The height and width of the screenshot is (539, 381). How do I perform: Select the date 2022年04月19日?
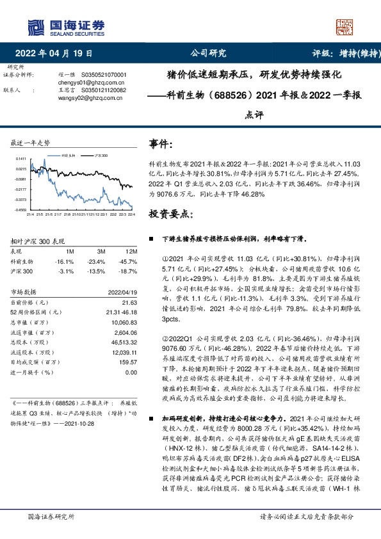tap(58, 54)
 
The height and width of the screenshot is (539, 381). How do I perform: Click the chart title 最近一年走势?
tap(30, 142)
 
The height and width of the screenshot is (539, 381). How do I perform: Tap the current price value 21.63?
tap(130, 302)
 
